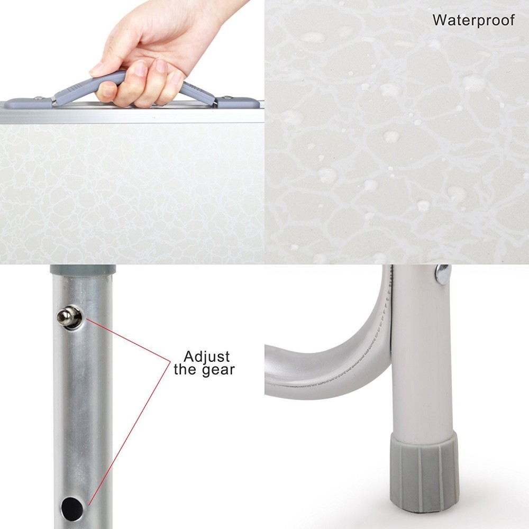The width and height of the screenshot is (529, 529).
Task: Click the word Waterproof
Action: pos(473,20)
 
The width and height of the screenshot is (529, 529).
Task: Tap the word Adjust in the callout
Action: pos(207,356)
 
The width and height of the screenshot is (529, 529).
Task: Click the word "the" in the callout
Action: pos(185,369)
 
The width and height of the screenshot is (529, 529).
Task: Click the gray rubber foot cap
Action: pos(424,471)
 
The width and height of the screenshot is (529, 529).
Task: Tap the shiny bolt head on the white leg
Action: pos(442,274)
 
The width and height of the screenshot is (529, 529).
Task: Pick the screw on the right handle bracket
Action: pos(228,97)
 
